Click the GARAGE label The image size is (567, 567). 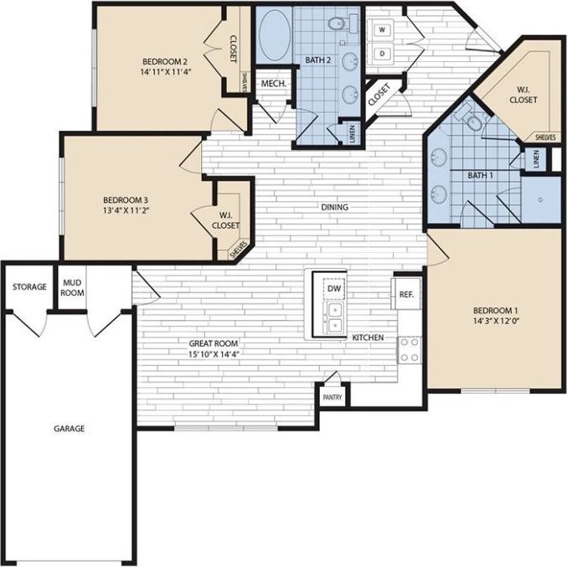tap(70, 428)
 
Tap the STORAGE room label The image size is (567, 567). tap(28, 287)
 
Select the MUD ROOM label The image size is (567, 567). tap(71, 287)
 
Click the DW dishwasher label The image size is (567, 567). tap(334, 289)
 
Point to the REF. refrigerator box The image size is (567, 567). tap(406, 294)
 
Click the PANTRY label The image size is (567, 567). tap(332, 398)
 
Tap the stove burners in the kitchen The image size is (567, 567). tap(409, 350)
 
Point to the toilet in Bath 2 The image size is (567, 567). tap(339, 25)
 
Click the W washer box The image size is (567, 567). tap(383, 30)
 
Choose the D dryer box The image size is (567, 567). tap(383, 53)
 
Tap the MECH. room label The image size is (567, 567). tap(272, 85)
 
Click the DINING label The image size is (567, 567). tap(334, 207)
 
